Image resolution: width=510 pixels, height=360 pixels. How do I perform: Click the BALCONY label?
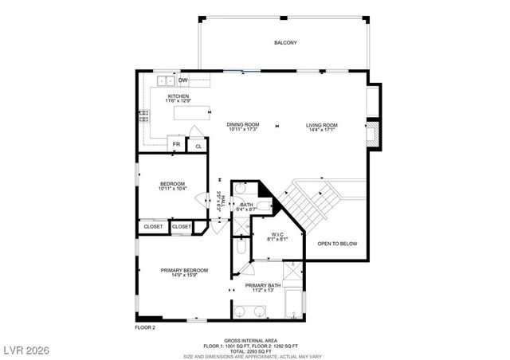click(285, 42)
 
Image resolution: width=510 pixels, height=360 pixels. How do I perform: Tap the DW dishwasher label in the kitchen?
click(182, 80)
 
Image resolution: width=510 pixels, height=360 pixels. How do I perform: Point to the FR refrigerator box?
click(176, 145)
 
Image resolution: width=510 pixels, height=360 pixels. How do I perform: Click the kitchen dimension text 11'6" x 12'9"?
click(178, 101)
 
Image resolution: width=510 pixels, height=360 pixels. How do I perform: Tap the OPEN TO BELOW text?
click(337, 243)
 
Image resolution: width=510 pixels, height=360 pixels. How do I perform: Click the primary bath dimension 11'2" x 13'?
click(262, 291)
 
